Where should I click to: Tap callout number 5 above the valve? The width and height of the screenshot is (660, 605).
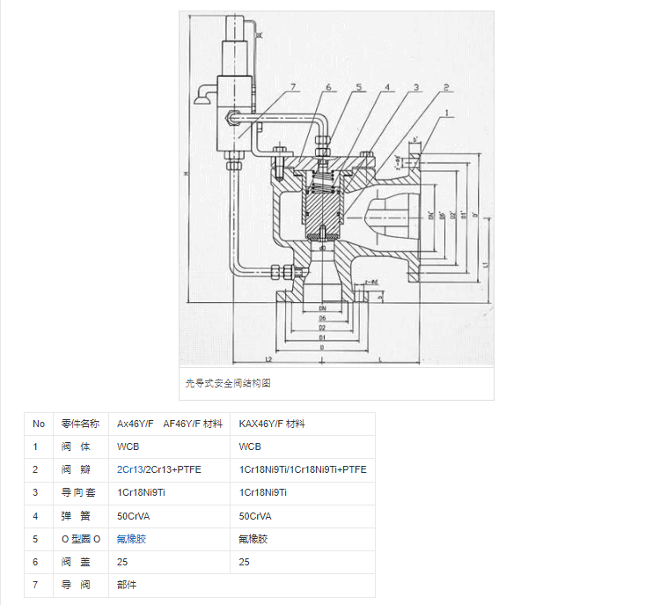point(359,87)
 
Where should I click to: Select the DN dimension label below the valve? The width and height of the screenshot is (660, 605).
point(323,308)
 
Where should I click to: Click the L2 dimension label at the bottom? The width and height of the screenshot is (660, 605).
point(268,358)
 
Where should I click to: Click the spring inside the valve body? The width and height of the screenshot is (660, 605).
point(324,186)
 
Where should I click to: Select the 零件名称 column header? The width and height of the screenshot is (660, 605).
point(81,424)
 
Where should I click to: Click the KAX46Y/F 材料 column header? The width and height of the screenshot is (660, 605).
point(272,424)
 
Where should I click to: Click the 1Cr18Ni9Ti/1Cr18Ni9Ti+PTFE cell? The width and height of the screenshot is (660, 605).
point(303,469)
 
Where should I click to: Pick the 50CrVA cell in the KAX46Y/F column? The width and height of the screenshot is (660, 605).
point(255,515)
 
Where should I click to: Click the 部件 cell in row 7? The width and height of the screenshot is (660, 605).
point(127,584)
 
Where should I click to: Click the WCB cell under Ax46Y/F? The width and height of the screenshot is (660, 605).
point(128,446)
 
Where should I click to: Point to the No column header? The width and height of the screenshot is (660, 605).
point(39,424)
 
